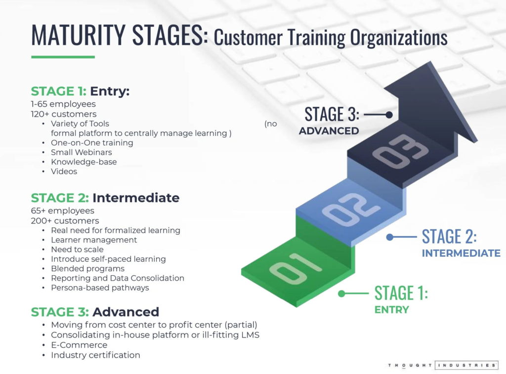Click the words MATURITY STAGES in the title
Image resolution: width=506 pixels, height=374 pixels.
119,36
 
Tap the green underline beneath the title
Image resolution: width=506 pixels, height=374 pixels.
63,57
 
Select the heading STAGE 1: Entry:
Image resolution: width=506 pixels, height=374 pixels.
80,91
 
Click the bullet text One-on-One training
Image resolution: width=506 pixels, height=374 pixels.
92,143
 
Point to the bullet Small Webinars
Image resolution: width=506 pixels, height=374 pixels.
82,152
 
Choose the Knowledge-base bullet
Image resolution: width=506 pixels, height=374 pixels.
84,162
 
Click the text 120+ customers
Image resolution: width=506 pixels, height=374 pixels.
64,114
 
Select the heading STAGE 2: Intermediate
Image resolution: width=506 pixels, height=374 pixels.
105,198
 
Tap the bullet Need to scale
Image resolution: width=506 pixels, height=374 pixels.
77,249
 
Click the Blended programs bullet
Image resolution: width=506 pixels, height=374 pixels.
88,269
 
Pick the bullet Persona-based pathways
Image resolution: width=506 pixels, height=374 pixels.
100,288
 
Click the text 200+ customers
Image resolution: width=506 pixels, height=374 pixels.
65,221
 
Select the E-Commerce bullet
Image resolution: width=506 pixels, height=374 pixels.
79,345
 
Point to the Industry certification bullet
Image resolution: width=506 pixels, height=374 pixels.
95,355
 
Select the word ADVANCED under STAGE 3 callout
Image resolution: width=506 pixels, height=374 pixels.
329,131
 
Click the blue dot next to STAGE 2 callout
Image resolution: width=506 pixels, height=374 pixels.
389,237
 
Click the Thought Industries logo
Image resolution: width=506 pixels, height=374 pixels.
443,365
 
